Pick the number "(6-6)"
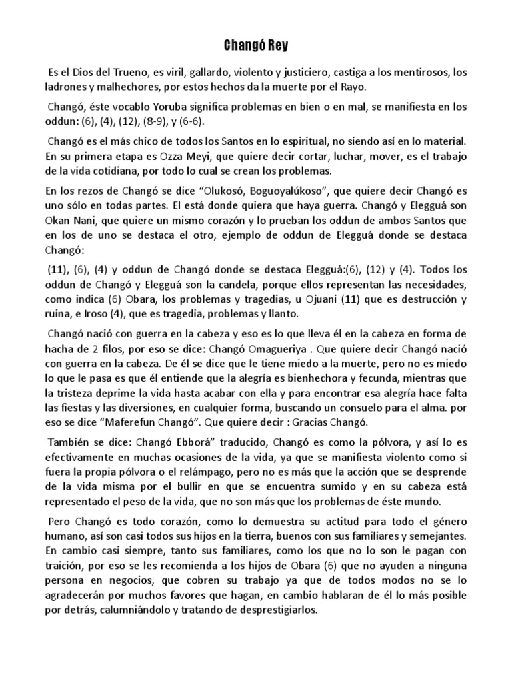point(193,122)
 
